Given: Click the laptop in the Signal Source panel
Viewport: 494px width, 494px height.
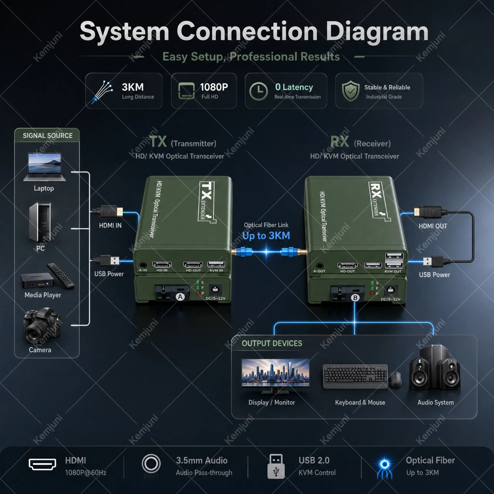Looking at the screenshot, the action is pyautogui.click(x=44, y=167).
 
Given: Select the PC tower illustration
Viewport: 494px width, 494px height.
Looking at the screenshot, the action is pyautogui.click(x=40, y=222).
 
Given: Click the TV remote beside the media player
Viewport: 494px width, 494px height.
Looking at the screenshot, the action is pyautogui.click(x=61, y=276).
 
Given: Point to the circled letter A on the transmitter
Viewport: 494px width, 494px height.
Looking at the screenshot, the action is pyautogui.click(x=180, y=297).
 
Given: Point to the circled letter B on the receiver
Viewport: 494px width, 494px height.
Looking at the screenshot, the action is pyautogui.click(x=355, y=298).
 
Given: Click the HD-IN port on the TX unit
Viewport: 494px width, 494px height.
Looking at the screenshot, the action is pyautogui.click(x=162, y=264).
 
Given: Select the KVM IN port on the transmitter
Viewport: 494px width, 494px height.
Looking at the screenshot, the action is pyautogui.click(x=216, y=264).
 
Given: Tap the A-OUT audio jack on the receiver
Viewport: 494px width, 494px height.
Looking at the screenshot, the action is pyautogui.click(x=320, y=266).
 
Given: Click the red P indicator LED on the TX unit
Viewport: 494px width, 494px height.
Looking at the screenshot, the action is pyautogui.click(x=198, y=293).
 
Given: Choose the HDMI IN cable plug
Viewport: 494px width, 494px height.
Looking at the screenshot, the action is pyautogui.click(x=107, y=212).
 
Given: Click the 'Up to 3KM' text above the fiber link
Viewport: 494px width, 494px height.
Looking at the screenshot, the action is pyautogui.click(x=266, y=235).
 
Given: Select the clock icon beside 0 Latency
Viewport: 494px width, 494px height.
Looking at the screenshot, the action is pyautogui.click(x=259, y=91).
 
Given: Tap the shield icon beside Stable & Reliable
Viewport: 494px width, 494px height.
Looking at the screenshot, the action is pyautogui.click(x=351, y=91).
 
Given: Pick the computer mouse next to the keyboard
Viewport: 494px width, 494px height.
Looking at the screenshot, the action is pyautogui.click(x=396, y=379).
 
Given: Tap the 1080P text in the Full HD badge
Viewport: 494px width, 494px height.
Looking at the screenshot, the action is pyautogui.click(x=214, y=87).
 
